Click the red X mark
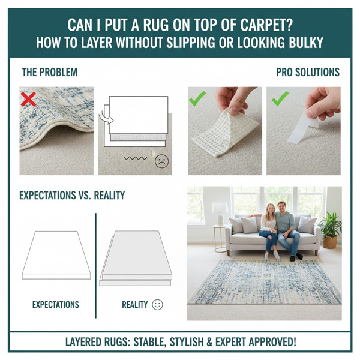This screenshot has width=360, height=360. pyautogui.click(x=28, y=100)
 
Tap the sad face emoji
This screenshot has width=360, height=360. pyautogui.click(x=161, y=161)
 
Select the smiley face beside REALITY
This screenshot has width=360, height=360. pyautogui.click(x=157, y=305)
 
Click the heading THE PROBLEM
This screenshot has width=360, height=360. pyautogui.click(x=49, y=73)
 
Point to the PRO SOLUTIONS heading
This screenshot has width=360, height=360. pyautogui.click(x=308, y=73)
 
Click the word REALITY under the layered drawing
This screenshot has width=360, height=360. pyautogui.click(x=134, y=305)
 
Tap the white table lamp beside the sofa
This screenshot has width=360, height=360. pyautogui.click(x=220, y=212)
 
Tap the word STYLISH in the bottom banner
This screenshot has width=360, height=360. pyautogui.click(x=172, y=343)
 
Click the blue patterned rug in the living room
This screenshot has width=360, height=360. pyautogui.click(x=264, y=281)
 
